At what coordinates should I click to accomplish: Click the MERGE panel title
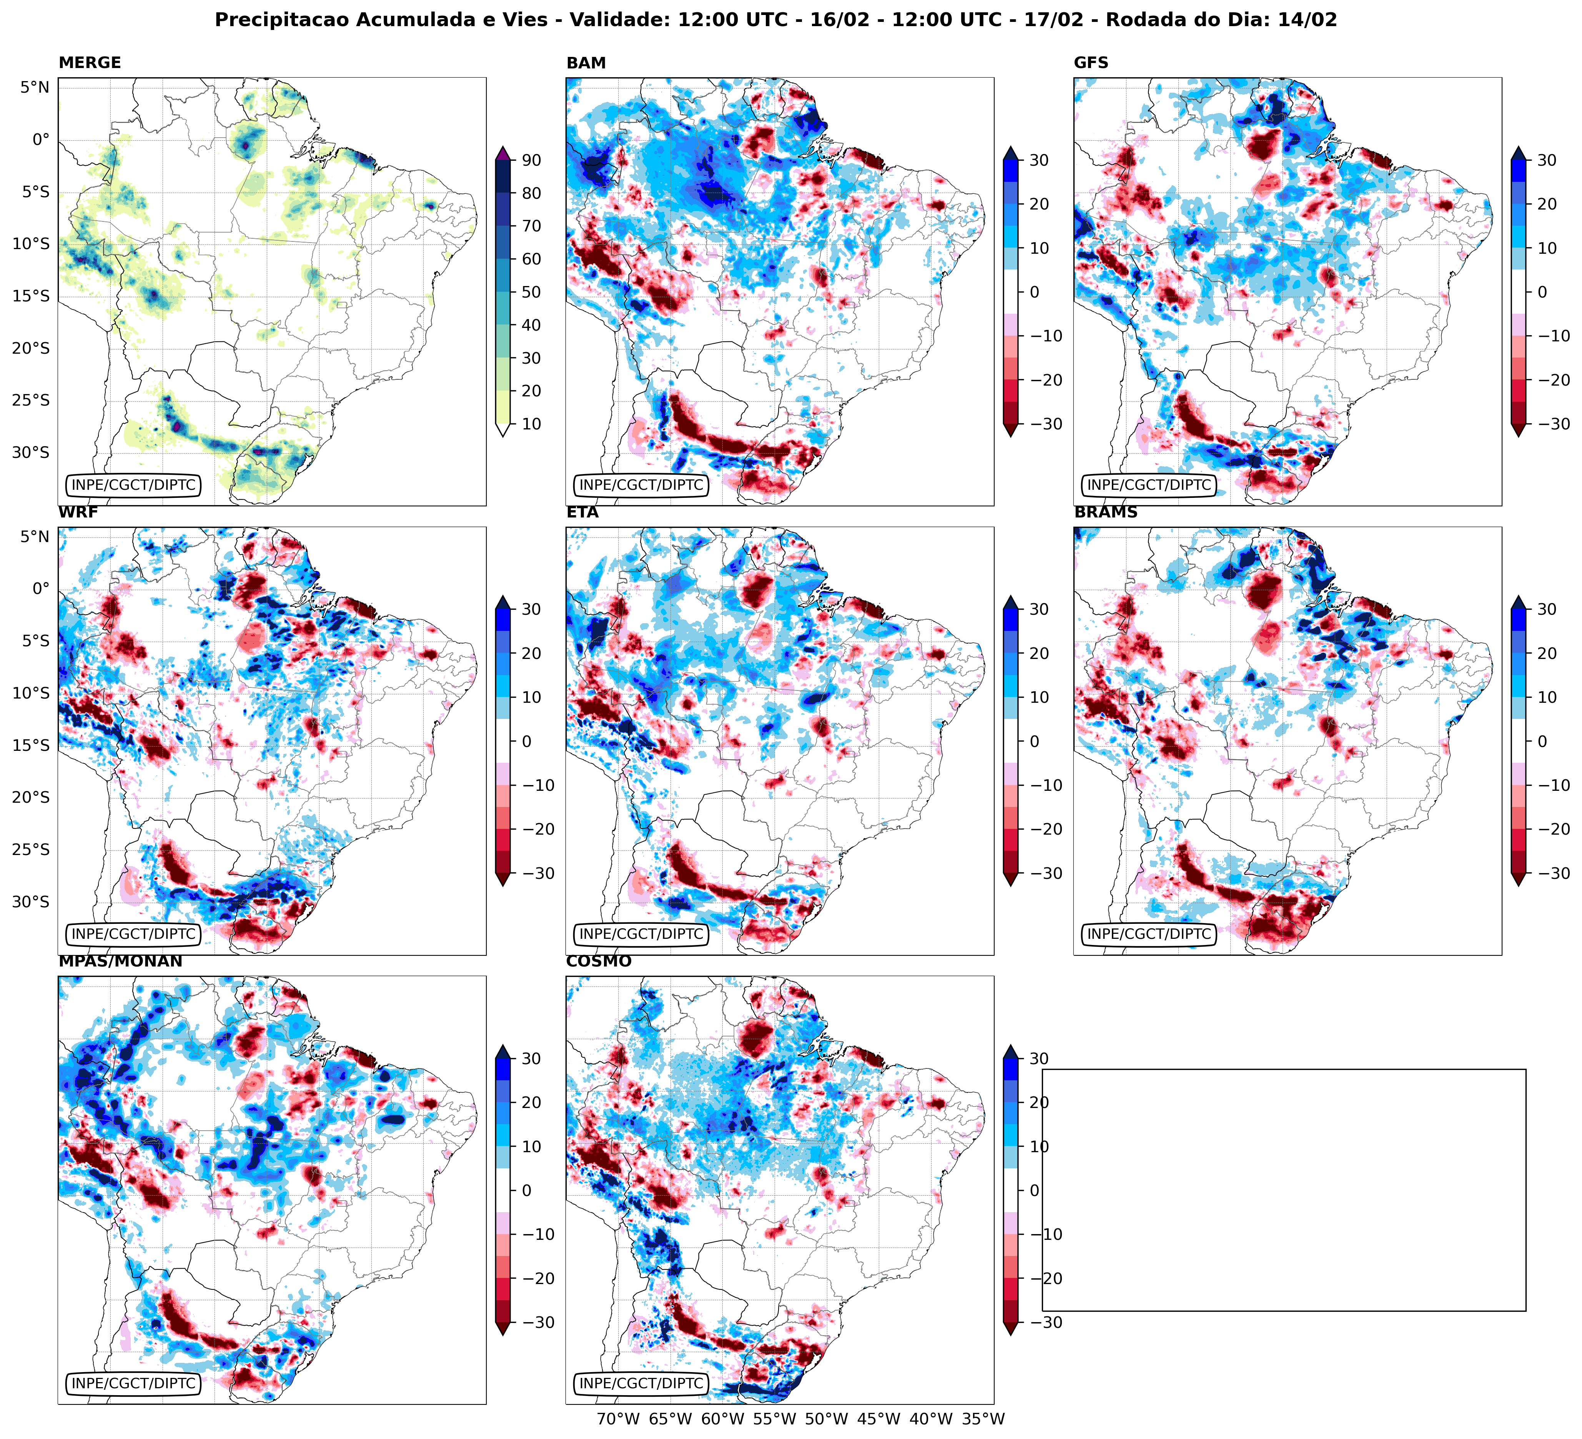tap(90, 63)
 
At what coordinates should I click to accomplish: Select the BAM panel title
tap(586, 63)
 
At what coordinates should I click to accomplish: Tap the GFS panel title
tap(1091, 63)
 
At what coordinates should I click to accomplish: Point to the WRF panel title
tap(78, 512)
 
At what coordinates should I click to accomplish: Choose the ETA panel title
tap(582, 512)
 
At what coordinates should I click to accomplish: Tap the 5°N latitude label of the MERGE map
tap(35, 87)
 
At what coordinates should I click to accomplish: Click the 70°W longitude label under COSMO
tap(618, 1419)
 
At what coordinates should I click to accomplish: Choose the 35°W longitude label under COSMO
tap(983, 1419)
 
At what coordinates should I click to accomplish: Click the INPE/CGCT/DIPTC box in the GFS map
tap(1149, 485)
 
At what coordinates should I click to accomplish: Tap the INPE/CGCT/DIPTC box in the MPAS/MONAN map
tap(133, 1383)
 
